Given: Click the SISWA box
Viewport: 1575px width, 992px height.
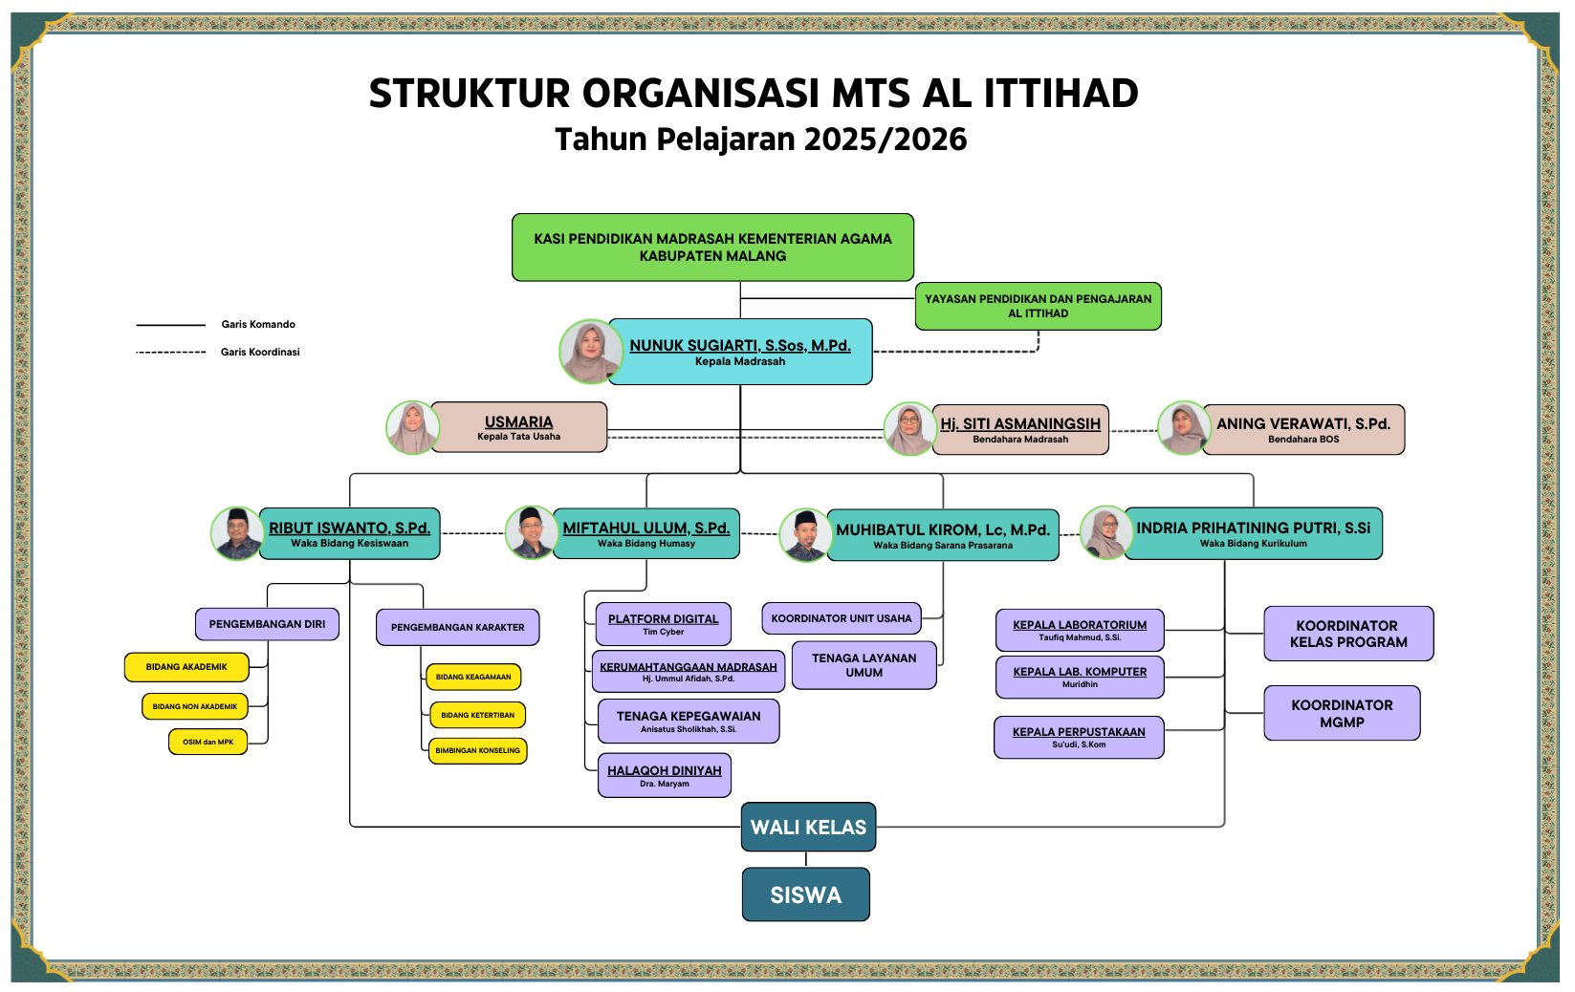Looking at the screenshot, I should pos(806,895).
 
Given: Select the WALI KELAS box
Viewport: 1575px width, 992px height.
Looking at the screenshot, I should pos(808,827).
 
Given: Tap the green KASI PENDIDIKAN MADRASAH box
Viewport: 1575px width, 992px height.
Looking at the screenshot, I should pos(712,248).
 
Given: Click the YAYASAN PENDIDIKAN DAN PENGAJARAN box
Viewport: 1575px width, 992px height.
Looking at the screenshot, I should pos(1038,306).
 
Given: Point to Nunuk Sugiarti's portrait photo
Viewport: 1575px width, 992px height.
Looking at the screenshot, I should pos(590,352).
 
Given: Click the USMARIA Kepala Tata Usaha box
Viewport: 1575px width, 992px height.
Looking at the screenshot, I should pos(519,427).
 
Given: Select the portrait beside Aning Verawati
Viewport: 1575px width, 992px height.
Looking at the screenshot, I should pos(1184,427).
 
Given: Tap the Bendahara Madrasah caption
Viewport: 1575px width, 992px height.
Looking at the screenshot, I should pos(1020,440).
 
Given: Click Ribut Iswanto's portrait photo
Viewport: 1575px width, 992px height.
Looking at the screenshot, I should pos(237,533).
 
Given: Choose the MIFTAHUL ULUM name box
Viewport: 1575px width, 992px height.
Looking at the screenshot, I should pos(645,533).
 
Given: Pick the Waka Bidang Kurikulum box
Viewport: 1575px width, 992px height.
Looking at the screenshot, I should pos(1253,533).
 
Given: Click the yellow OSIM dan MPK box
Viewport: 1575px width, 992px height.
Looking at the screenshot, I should pos(208,742).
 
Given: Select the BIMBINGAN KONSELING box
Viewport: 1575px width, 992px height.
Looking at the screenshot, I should pos(477,751).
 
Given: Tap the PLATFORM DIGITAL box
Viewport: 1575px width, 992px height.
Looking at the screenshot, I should pos(664,624).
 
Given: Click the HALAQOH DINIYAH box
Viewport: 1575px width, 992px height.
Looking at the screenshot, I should pos(665,775).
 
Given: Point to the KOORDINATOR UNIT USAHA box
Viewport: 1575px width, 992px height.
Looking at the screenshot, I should pos(842,618).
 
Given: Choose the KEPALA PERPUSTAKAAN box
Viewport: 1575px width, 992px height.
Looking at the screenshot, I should pos(1079,737).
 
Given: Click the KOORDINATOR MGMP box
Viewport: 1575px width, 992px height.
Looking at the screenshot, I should pos(1342,713).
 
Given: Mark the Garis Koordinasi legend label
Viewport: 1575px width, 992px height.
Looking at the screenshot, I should pos(260,352).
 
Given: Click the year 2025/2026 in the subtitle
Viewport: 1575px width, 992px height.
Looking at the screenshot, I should pos(886,140).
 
